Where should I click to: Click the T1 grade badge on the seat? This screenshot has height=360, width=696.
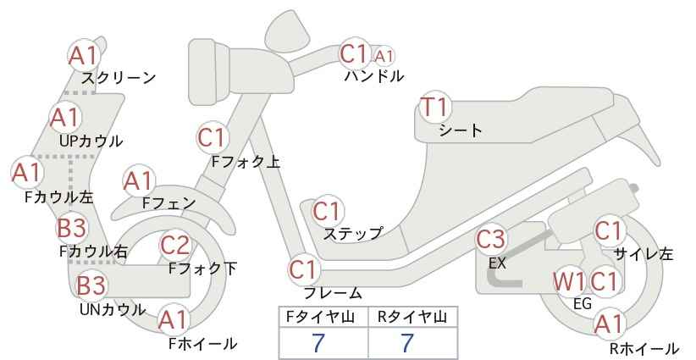click(435, 107)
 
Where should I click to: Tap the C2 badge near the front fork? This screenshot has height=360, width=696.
click(175, 245)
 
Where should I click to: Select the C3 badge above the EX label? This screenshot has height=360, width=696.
click(491, 239)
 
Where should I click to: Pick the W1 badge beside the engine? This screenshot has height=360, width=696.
click(569, 281)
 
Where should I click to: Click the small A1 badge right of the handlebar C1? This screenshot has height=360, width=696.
click(384, 56)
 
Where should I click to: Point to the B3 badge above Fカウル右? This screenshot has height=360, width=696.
click(72, 228)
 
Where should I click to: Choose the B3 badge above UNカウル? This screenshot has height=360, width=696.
click(91, 285)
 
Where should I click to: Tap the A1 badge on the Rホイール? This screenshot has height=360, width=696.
click(610, 324)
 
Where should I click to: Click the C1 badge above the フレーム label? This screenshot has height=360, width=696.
click(305, 269)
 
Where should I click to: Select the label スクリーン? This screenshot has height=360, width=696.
click(119, 78)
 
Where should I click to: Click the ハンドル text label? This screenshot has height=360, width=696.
click(374, 76)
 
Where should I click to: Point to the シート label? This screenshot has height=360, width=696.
click(461, 130)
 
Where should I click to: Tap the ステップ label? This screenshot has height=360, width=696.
click(352, 234)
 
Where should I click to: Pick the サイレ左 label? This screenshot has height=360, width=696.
click(644, 254)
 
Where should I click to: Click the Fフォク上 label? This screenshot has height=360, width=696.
click(246, 162)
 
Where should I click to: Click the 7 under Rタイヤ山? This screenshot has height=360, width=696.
click(407, 343)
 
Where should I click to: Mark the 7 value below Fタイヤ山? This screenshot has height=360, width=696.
click(318, 343)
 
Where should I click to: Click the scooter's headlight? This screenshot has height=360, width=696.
click(209, 72)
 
